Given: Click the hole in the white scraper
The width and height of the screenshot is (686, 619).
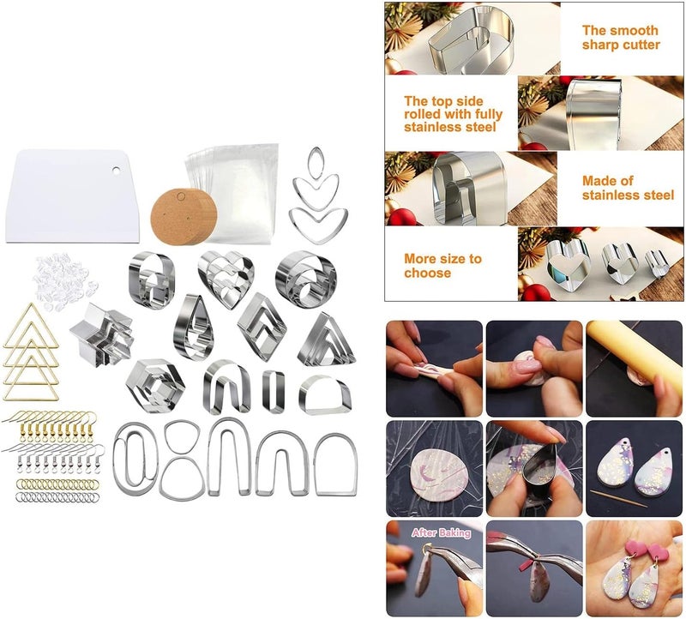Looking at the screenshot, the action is coord(116,170).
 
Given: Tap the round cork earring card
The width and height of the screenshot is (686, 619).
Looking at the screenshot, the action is coord(184,217).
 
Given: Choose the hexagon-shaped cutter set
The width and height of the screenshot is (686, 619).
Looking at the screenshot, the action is coord(155,386).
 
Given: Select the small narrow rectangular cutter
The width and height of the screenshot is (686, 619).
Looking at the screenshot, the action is coord(274,391).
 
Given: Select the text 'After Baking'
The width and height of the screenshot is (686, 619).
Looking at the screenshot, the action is coord(441,532).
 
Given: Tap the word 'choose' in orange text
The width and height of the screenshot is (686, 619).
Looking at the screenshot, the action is coord(427,273).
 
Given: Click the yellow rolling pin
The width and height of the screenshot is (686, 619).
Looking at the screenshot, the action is coord(635,353).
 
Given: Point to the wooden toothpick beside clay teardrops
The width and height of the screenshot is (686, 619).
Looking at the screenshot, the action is coord(618,498).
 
